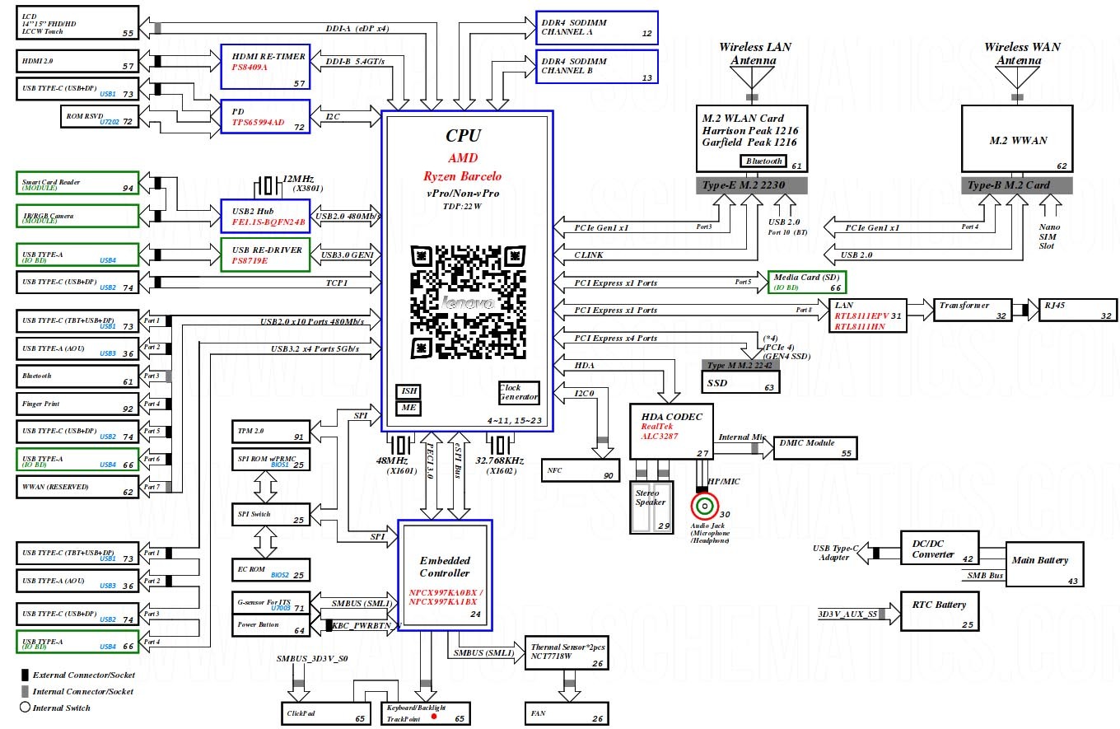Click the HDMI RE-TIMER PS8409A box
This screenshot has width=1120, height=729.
[x=264, y=67]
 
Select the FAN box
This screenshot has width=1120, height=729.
[x=567, y=713]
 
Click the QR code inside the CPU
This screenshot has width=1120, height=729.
[x=467, y=301]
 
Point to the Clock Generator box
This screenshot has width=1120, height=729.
[x=519, y=392]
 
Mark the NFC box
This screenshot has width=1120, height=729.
[x=580, y=470]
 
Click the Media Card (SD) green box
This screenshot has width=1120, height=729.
[x=806, y=282]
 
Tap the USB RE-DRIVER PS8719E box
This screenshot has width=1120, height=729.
[x=264, y=255]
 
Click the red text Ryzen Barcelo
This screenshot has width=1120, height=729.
[x=462, y=175]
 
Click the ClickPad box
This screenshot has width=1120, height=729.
[x=324, y=713]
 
